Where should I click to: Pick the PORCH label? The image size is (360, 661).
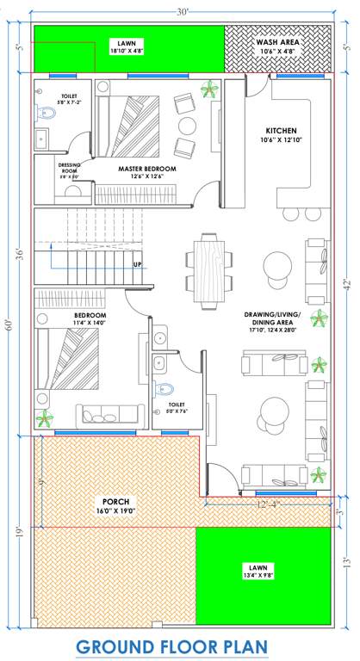[x=116, y=504]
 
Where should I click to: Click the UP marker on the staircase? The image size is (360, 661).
[x=137, y=264]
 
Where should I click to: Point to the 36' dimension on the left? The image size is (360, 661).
[x=20, y=256]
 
